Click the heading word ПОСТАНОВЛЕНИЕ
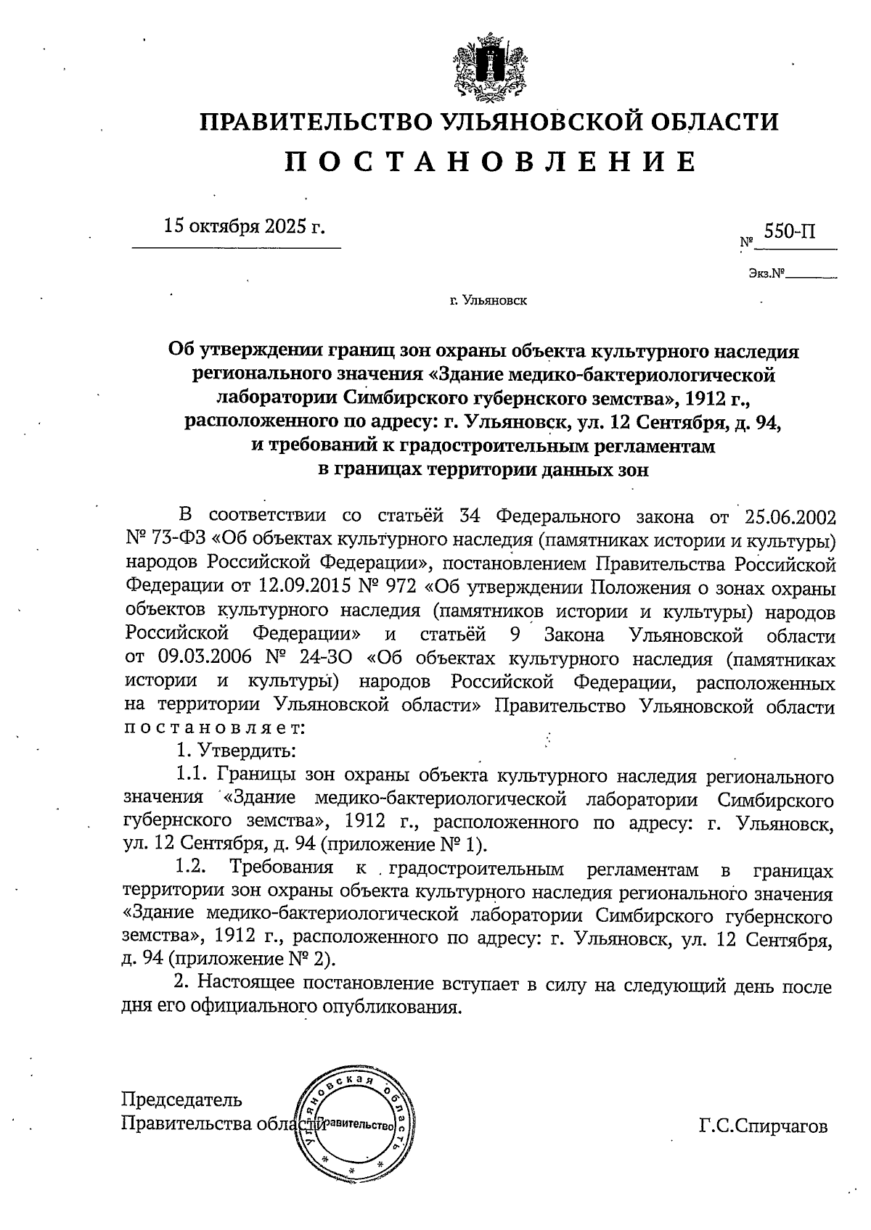[490, 161]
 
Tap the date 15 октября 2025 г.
[244, 226]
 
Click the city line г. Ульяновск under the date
[488, 300]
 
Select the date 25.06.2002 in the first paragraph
[790, 516]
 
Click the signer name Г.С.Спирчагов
[763, 1126]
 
